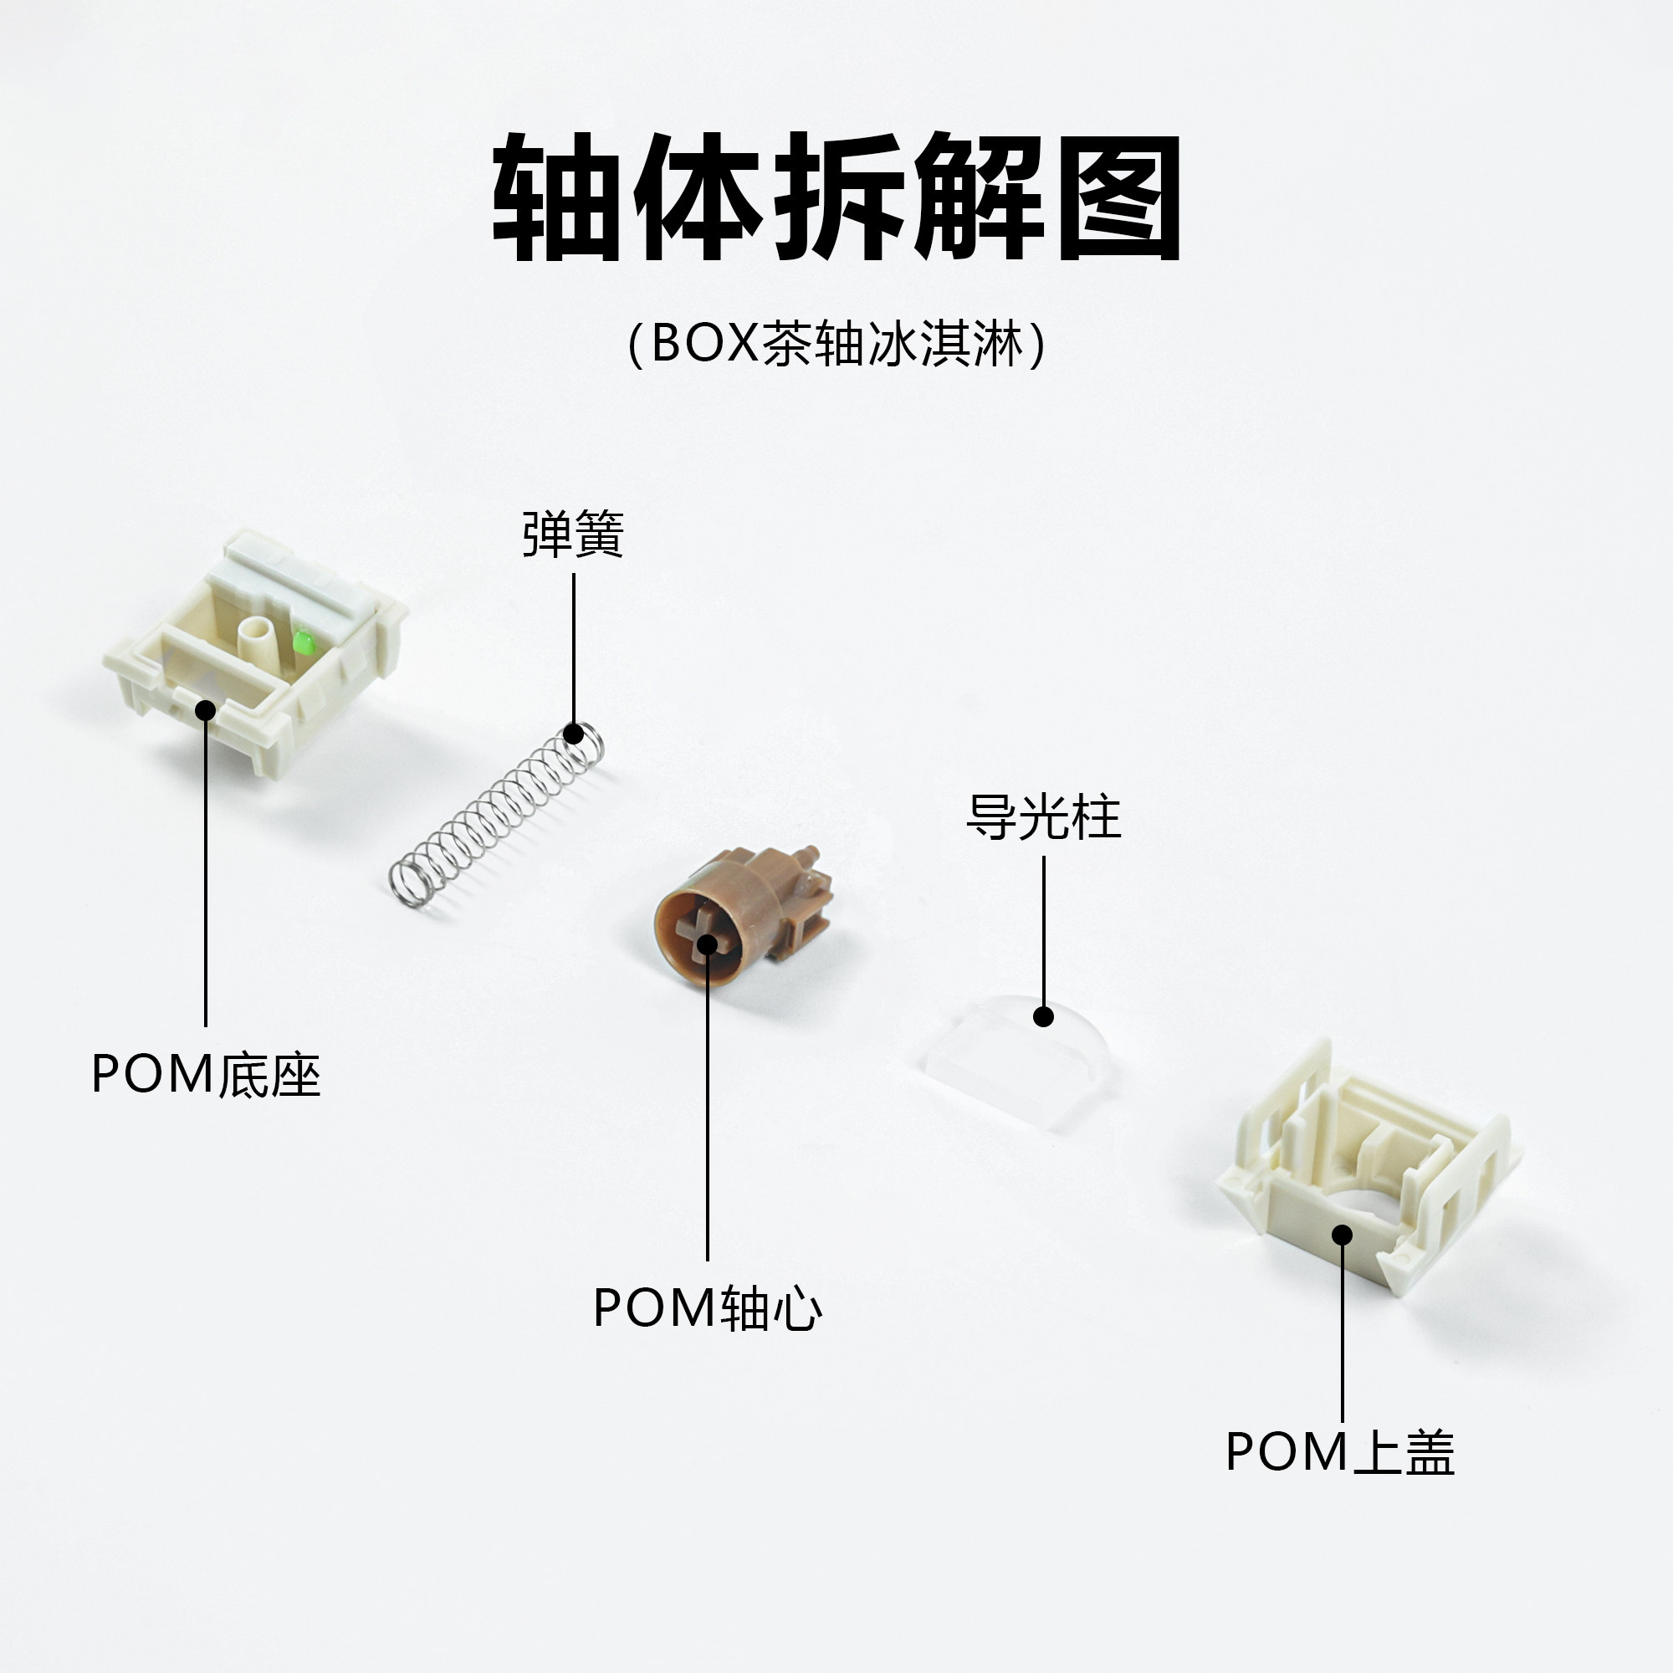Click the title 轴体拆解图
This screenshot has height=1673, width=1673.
point(836,197)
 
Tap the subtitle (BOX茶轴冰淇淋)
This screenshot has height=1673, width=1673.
point(836,345)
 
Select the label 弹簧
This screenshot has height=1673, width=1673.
point(572,535)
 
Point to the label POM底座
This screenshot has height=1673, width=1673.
point(206,1075)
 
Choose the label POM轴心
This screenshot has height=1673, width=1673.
point(707,1308)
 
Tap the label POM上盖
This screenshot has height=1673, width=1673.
point(1340,1452)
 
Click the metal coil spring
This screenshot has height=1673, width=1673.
point(494,818)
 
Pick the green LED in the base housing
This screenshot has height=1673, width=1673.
point(302,642)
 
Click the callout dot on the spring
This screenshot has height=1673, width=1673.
point(573,734)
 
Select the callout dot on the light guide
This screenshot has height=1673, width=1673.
point(1043,1016)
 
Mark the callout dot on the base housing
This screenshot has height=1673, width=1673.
point(205,710)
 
